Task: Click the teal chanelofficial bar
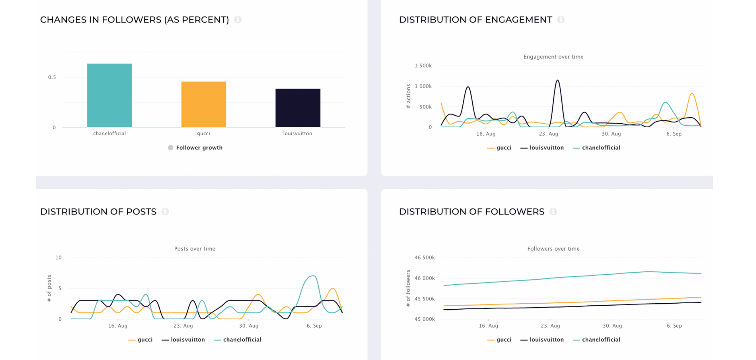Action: [110, 95]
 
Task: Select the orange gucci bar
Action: [204, 104]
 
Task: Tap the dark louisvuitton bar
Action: [298, 108]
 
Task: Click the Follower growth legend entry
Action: [195, 148]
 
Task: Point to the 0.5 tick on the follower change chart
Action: [52, 77]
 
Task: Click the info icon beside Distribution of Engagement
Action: [561, 20]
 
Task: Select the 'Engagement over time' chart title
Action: [554, 57]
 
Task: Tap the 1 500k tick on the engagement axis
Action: [423, 66]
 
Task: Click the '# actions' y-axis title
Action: [408, 96]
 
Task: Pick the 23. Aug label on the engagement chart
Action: [548, 134]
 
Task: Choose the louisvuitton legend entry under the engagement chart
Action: [542, 148]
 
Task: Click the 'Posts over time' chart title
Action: [195, 249]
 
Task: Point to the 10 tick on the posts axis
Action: [58, 258]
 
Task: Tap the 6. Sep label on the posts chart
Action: [314, 326]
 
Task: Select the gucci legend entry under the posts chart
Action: [140, 340]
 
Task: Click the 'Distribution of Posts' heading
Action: [98, 212]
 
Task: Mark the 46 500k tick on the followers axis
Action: [425, 258]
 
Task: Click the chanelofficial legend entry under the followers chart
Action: [596, 340]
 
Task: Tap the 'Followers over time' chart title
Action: [554, 249]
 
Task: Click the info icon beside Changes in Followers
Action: [238, 20]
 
